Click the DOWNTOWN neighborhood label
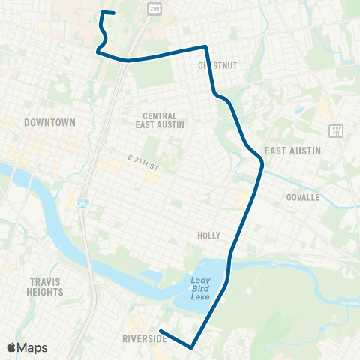49,122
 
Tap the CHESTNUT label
217,66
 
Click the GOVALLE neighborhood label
303,198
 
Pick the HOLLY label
208,235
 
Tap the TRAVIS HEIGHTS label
46,287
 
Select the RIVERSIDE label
145,339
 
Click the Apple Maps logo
27,347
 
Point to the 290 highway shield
154,8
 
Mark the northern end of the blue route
113,13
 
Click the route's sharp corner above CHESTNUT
205,46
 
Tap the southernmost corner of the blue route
193,347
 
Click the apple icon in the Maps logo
12,347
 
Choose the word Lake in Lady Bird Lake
199,295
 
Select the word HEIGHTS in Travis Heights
46,292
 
